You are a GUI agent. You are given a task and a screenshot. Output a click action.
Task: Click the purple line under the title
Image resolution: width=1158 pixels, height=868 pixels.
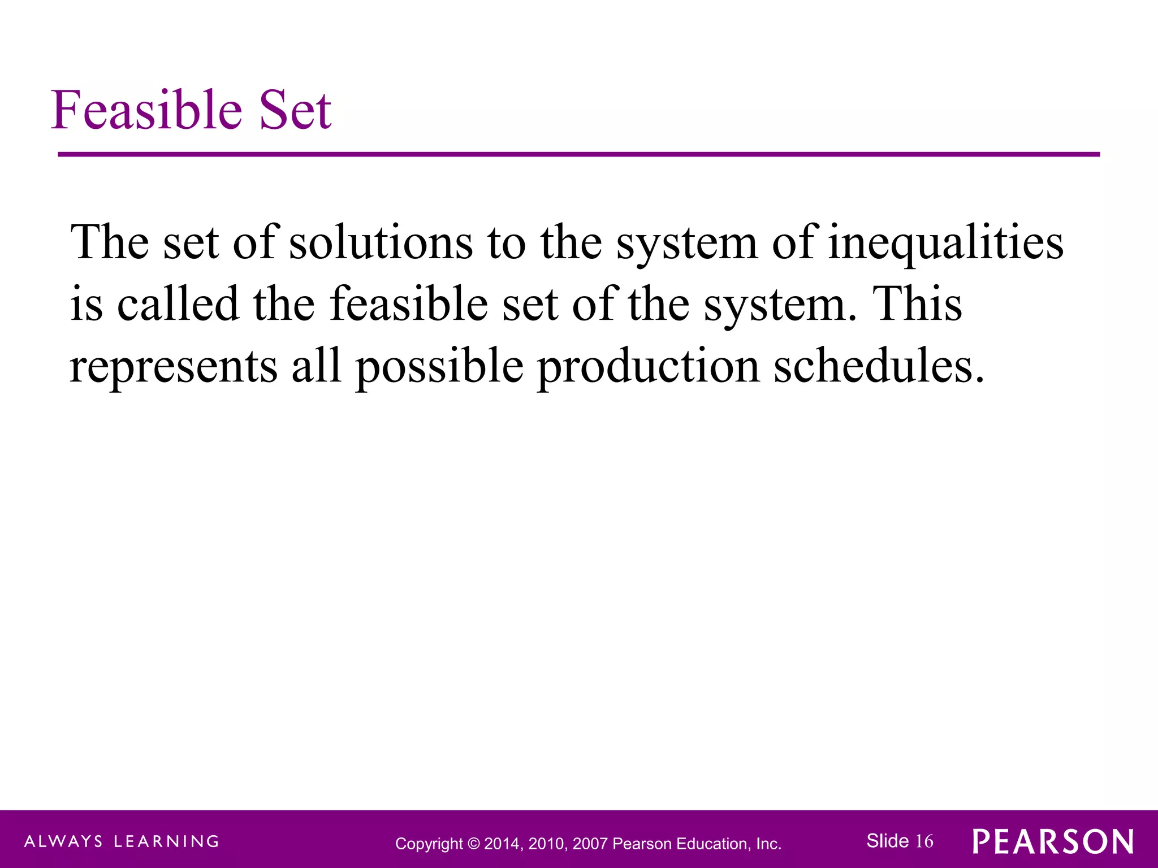pos(578,154)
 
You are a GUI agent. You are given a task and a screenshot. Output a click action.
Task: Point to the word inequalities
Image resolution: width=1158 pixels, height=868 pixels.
pos(945,243)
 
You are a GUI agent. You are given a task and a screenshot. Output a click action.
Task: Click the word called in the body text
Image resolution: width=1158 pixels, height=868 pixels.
pos(178,303)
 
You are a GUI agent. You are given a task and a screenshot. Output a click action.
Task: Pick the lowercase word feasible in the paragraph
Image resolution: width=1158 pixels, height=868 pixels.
pos(408,303)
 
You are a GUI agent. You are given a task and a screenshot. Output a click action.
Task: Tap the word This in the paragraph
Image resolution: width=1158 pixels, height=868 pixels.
pos(917,303)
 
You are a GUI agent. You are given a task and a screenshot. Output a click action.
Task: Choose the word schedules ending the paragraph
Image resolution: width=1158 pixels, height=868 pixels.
pos(878,366)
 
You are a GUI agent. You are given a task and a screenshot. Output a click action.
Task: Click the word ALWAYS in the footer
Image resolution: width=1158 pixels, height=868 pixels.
pos(63,841)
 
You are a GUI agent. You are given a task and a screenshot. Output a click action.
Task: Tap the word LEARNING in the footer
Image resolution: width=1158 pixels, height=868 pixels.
pos(166,841)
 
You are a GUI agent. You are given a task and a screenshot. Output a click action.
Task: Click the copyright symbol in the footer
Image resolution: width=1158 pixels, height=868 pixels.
pos(473,844)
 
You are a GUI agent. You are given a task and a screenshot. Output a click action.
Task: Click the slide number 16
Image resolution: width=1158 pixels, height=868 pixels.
pos(924,841)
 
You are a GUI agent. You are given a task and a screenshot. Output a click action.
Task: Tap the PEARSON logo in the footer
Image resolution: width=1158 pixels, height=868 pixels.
pos(1053,841)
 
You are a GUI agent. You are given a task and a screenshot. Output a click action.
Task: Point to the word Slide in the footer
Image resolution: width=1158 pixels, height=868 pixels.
pos(887,841)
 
